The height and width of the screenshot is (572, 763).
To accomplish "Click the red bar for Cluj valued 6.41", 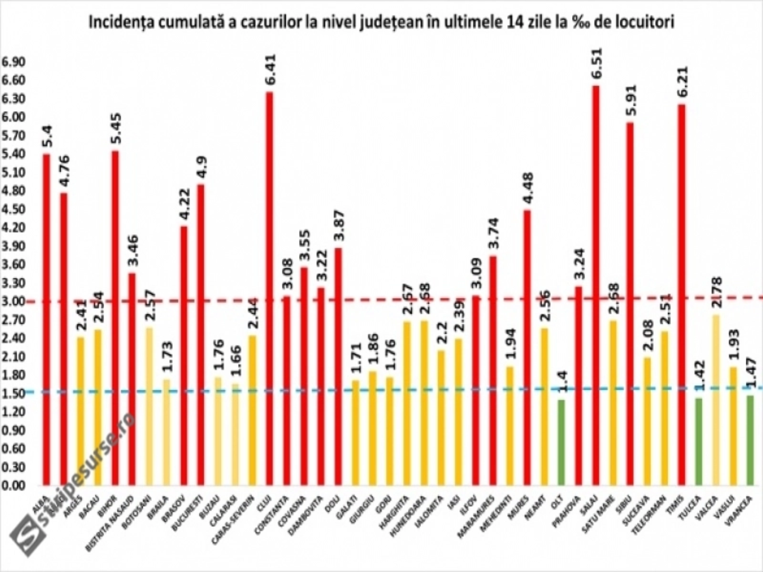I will pyautogui.click(x=269, y=288).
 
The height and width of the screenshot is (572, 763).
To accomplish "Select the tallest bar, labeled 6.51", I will pyautogui.click(x=596, y=286).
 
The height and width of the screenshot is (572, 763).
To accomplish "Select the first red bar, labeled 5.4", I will pyautogui.click(x=46, y=319).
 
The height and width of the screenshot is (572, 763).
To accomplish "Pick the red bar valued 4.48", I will pyautogui.click(x=527, y=348).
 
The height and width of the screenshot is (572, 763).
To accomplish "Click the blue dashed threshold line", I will pyautogui.click(x=381, y=390).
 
